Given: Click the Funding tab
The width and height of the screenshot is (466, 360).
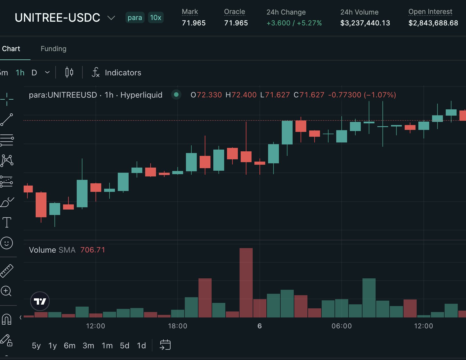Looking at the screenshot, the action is click(x=53, y=49).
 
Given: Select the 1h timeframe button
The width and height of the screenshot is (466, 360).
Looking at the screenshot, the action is click(x=20, y=73).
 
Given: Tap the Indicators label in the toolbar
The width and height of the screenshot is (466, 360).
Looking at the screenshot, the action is click(x=123, y=73).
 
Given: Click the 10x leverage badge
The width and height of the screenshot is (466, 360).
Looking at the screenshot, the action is click(x=156, y=17).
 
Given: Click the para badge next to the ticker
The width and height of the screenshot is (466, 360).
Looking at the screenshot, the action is click(x=135, y=17).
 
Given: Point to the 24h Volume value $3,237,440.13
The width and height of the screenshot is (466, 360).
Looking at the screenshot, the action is click(x=365, y=23).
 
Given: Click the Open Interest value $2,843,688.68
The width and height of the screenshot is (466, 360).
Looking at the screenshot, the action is click(x=433, y=23).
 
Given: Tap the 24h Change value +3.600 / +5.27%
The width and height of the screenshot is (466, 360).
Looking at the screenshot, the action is click(x=294, y=23).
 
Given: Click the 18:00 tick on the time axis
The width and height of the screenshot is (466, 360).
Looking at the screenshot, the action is click(x=178, y=326).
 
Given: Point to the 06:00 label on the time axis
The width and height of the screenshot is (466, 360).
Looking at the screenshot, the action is click(x=342, y=326).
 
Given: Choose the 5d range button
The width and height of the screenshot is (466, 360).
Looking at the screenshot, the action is click(x=125, y=346).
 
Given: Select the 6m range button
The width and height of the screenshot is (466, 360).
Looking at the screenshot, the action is click(x=70, y=346).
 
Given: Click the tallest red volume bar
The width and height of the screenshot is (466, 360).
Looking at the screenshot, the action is click(x=246, y=283).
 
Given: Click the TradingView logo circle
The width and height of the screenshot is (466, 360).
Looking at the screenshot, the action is click(x=40, y=301).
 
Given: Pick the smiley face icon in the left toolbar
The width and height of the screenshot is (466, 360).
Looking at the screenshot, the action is click(x=7, y=243).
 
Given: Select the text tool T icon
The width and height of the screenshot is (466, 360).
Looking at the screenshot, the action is click(x=7, y=222).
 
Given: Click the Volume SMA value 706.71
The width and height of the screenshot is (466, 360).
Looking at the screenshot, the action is click(x=93, y=250).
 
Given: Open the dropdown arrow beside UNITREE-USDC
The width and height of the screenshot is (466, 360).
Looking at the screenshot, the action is click(x=111, y=18).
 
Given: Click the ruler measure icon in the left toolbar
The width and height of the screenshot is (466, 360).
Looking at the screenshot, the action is click(x=7, y=271).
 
